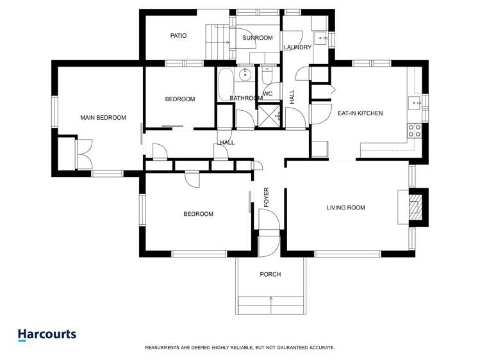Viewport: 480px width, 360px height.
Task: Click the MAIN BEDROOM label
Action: point(103,118)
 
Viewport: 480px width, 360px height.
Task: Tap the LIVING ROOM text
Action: point(345,208)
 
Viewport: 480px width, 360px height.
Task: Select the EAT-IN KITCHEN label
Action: point(360,113)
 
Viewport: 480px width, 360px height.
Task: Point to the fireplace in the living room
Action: point(415,207)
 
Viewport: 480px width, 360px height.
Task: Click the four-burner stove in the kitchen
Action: point(415,131)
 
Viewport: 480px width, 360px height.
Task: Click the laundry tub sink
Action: point(321,39)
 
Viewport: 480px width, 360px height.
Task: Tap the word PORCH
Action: point(270,274)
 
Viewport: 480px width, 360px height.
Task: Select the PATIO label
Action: point(178,36)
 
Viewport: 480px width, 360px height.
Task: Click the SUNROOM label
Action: point(258,38)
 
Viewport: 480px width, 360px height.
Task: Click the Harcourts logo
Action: point(47,334)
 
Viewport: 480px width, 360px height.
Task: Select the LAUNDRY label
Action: point(298,47)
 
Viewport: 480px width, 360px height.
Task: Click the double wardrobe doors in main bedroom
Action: point(83,153)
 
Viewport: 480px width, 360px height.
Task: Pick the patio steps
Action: point(216,41)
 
